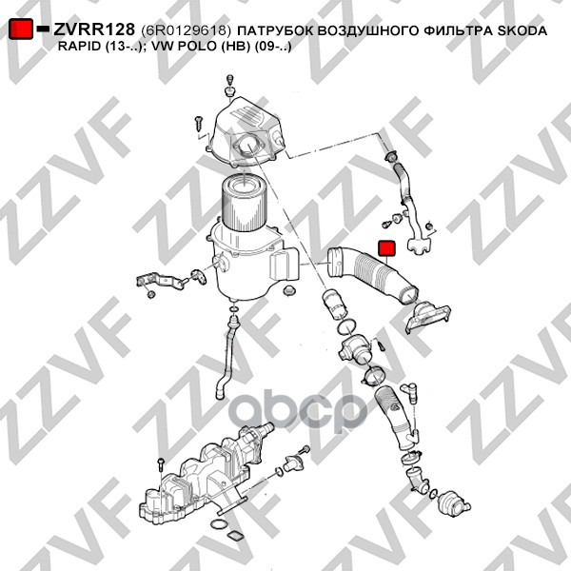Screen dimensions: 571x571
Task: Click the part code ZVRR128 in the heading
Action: click(x=94, y=30)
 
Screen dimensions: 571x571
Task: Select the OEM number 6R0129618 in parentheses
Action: click(x=186, y=30)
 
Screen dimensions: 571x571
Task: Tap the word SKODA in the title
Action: click(x=522, y=30)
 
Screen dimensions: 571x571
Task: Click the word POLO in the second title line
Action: click(x=198, y=47)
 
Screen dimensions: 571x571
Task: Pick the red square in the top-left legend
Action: click(x=21, y=29)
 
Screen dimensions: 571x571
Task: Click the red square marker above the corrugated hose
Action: click(x=386, y=248)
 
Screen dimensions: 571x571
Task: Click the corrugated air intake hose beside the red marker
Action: click(x=371, y=274)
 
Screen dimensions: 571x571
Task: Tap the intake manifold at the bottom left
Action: click(x=204, y=473)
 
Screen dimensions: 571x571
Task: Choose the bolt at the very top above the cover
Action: click(x=229, y=85)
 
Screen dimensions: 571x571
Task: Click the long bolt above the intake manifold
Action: click(x=161, y=465)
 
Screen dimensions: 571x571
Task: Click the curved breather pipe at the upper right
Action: click(x=409, y=204)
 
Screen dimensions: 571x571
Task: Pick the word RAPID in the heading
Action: click(x=79, y=47)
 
